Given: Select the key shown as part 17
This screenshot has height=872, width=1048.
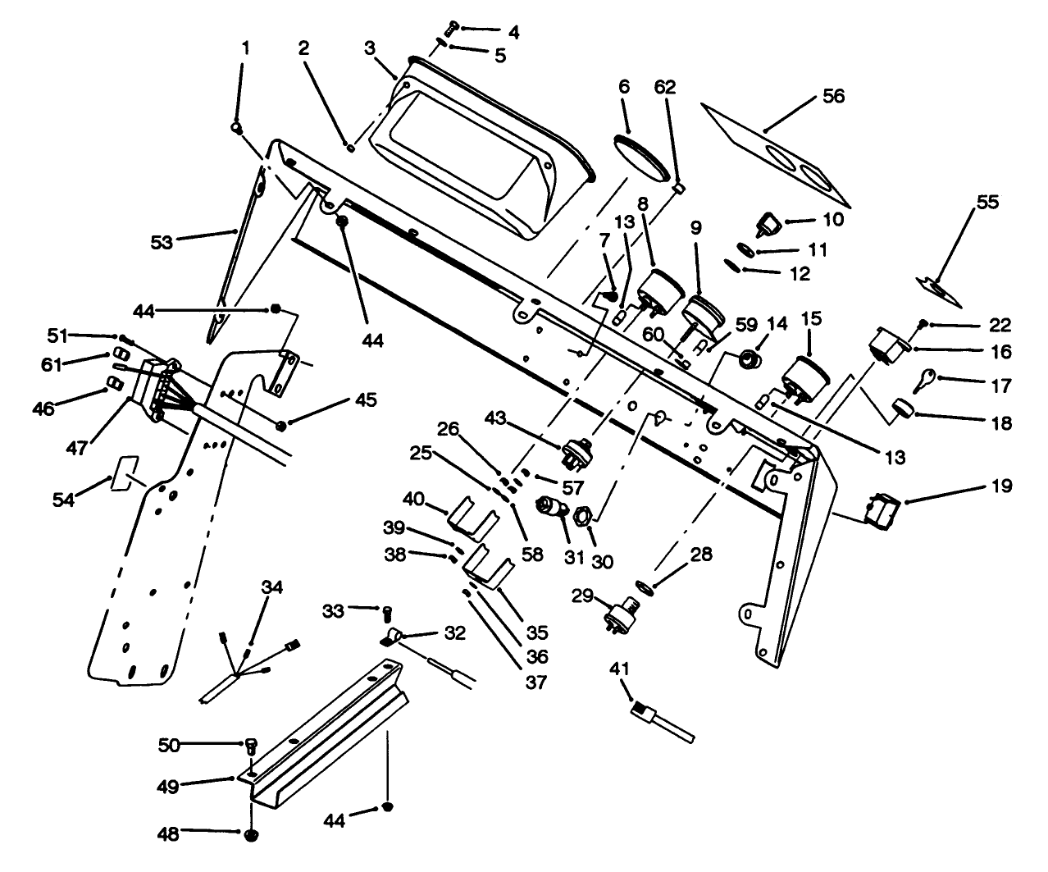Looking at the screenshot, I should (924, 379).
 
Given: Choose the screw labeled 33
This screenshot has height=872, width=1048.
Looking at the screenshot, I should (387, 610).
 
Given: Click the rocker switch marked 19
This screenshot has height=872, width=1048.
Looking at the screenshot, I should (884, 509).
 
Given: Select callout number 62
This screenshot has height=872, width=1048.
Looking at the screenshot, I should (665, 87).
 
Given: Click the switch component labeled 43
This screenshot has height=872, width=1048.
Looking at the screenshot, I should (572, 449).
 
